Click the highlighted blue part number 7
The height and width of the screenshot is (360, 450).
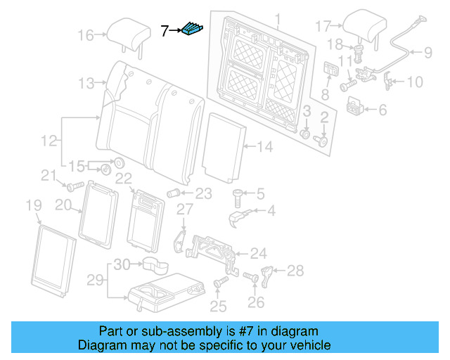pyautogui.click(x=192, y=30)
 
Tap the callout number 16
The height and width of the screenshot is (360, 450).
pyautogui.click(x=85, y=34)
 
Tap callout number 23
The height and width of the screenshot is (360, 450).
pyautogui.click(x=203, y=193)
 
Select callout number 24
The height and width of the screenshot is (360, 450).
pyautogui.click(x=259, y=253)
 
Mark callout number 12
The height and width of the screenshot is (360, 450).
pyautogui.click(x=48, y=141)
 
